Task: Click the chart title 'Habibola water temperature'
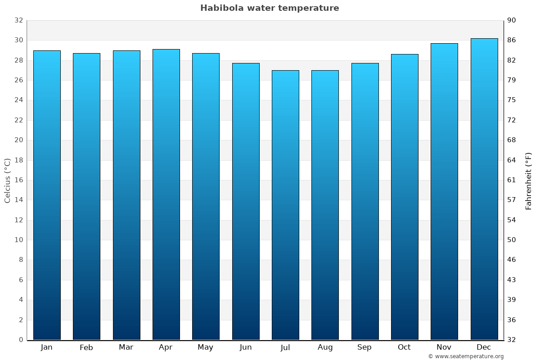click(x=270, y=8)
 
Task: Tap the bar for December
click(x=484, y=189)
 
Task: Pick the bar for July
click(x=285, y=205)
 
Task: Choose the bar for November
click(x=444, y=191)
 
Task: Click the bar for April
click(x=166, y=194)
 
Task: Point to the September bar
click(x=365, y=201)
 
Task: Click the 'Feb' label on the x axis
click(x=86, y=347)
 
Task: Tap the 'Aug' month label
click(x=325, y=347)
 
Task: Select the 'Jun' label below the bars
click(x=246, y=347)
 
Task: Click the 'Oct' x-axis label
click(x=404, y=347)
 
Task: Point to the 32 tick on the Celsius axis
click(x=18, y=20)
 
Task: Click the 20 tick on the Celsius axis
click(x=18, y=140)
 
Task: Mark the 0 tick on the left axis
click(x=21, y=340)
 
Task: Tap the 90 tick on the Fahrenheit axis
click(x=512, y=20)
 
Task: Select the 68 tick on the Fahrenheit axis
click(x=512, y=140)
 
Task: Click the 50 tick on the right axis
click(x=512, y=240)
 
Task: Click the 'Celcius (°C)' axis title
click(x=7, y=180)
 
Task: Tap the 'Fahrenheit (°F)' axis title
click(x=528, y=180)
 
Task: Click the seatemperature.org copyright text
click(x=465, y=356)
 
